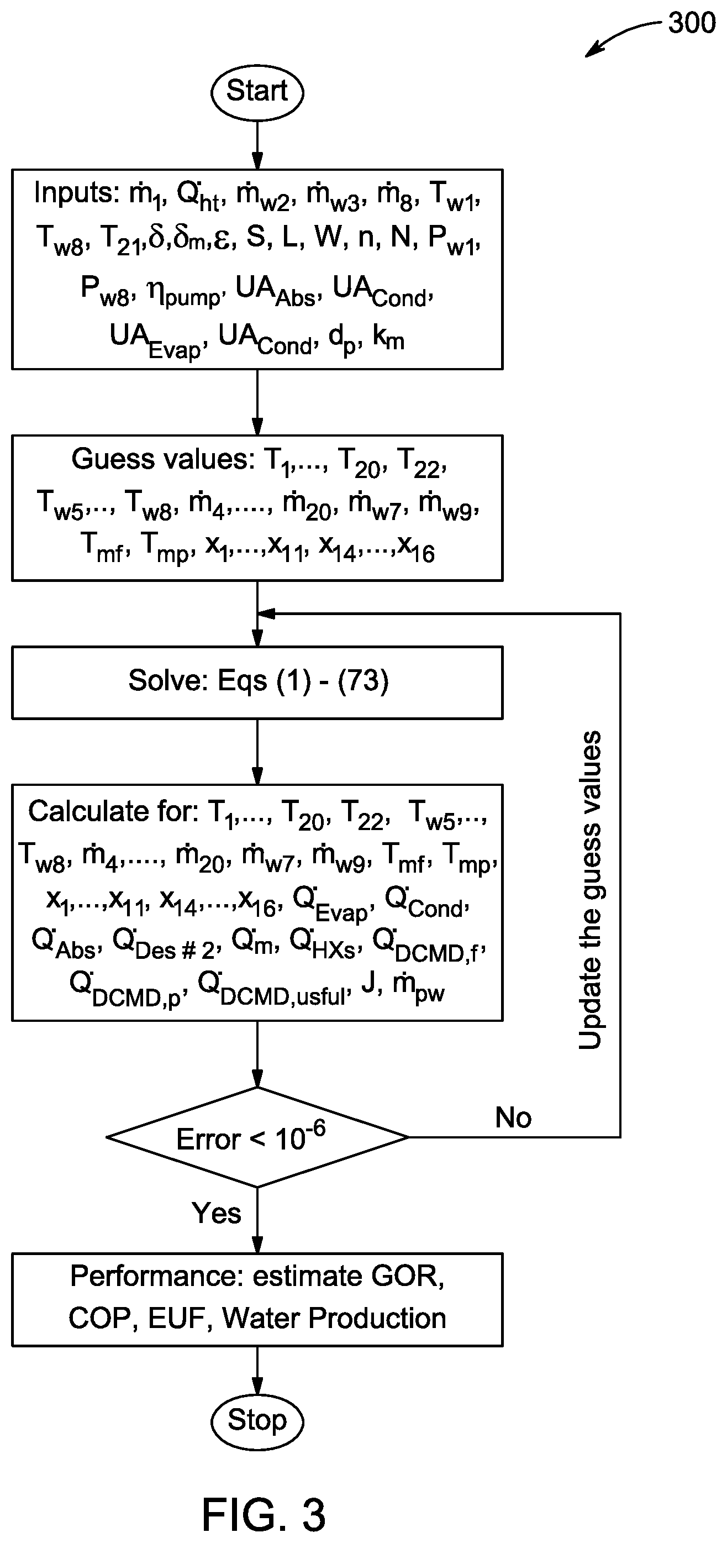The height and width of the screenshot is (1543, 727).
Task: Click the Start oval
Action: point(257,92)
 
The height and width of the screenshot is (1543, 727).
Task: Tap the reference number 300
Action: point(692,23)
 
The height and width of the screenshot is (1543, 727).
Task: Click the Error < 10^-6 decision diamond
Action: point(257,1137)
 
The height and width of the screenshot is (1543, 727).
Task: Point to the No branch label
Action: point(513,1117)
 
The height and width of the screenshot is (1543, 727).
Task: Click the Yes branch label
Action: point(216,1213)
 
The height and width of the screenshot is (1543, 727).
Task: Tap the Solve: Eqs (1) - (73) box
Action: point(257,683)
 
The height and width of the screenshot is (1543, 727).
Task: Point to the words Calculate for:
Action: point(113,811)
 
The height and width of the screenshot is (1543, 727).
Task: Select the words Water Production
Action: point(334,1319)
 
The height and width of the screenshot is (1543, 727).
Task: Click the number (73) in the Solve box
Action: point(363,680)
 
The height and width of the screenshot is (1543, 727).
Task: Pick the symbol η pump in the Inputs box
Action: point(186,292)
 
